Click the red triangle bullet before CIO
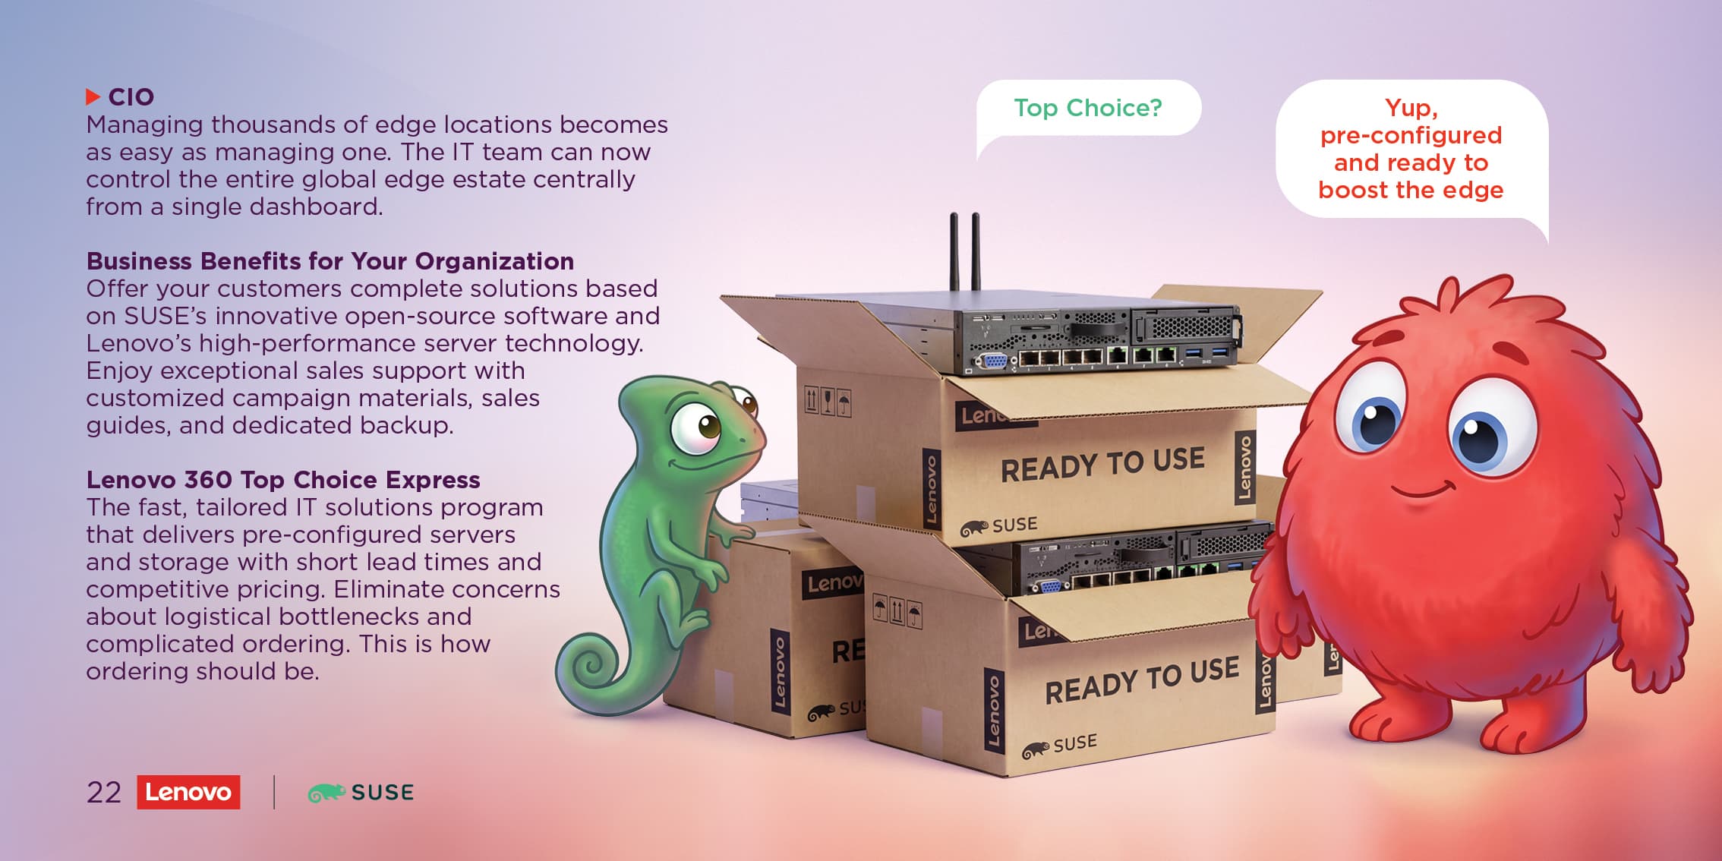(93, 96)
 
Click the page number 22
(104, 793)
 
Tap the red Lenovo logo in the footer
(188, 792)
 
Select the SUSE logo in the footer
(361, 793)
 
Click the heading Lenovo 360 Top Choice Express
(283, 480)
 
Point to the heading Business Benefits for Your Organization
(330, 261)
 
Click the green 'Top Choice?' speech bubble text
(1088, 108)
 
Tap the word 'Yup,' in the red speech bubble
(1411, 108)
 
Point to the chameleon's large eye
(697, 427)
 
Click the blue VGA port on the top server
(990, 361)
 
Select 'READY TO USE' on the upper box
(1102, 464)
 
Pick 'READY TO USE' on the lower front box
(1142, 680)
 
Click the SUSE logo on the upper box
(999, 525)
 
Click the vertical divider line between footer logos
(274, 792)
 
